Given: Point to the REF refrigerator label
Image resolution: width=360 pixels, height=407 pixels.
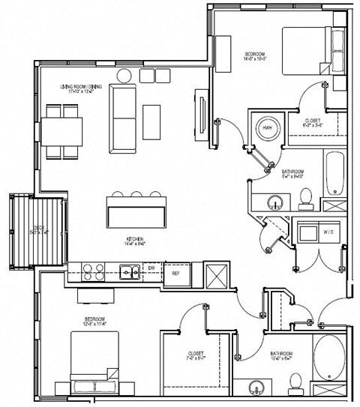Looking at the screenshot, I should coord(175,274).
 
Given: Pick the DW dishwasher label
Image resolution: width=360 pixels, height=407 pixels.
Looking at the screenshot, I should coord(151,266).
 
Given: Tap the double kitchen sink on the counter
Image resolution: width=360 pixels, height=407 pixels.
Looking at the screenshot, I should coord(129,271).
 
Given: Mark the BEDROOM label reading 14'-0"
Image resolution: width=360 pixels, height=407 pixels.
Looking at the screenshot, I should coord(256,57).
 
